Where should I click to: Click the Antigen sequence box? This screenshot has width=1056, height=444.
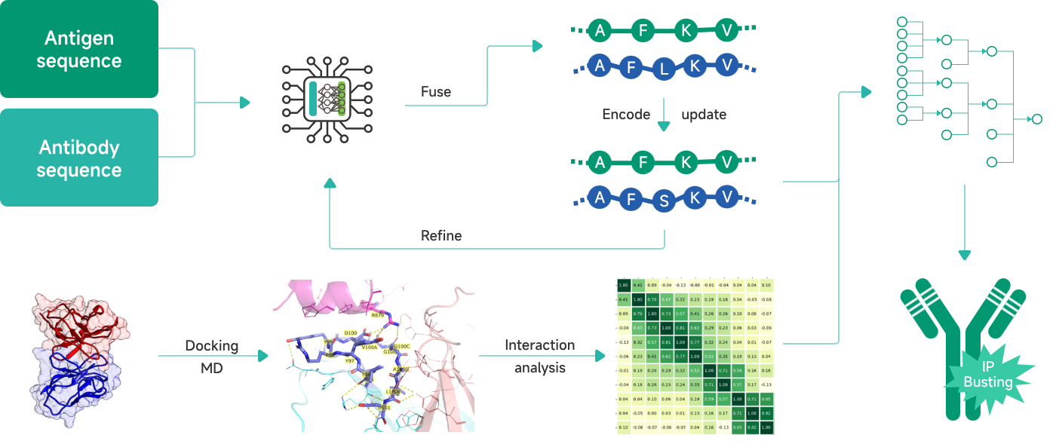(x=79, y=49)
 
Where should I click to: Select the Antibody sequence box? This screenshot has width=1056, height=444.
(x=79, y=158)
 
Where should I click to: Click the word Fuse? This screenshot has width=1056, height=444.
(x=436, y=92)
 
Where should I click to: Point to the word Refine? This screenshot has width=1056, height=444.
(x=441, y=236)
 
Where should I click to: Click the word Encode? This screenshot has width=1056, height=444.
(x=626, y=115)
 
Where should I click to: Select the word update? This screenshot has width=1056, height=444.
(x=704, y=115)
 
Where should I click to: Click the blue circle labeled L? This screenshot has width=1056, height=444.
(x=664, y=70)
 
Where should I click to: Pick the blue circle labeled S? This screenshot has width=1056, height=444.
(x=664, y=202)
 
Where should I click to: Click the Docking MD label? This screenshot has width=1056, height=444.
(x=212, y=356)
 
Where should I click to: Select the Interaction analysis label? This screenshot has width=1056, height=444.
(x=539, y=356)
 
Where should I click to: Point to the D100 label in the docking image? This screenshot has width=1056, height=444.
(x=350, y=332)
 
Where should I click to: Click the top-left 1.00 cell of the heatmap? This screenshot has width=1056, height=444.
(x=623, y=285)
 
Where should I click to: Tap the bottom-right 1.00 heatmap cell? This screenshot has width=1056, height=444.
(x=766, y=427)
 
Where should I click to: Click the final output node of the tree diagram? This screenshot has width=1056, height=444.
(x=1036, y=119)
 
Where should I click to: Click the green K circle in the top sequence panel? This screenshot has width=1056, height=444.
(x=685, y=31)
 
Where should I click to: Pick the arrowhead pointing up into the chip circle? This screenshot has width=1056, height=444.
(x=330, y=183)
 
